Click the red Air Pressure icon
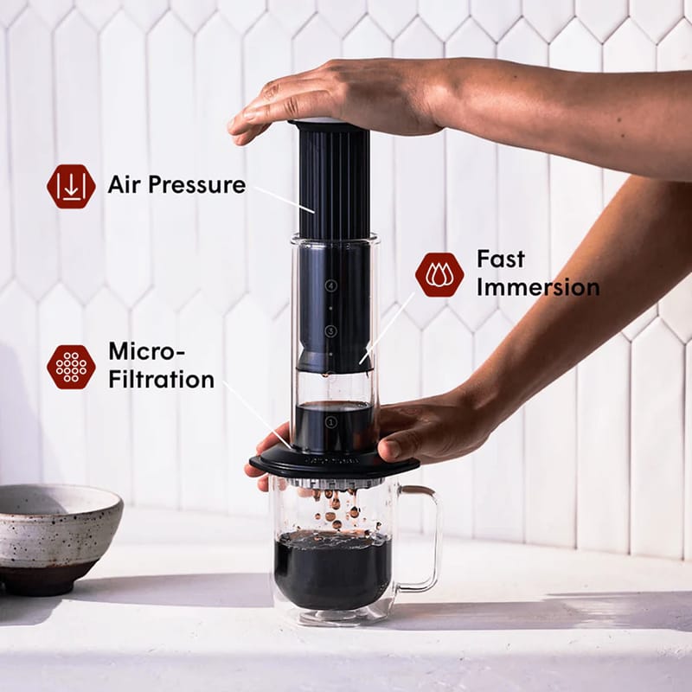(71, 187)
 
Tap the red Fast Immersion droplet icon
(439, 274)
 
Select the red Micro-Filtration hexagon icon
(71, 367)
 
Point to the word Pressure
(202, 184)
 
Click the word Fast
(501, 259)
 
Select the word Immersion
(538, 287)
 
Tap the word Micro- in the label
(147, 350)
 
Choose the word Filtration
(161, 379)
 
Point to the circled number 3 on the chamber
(330, 330)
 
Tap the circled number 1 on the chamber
(330, 421)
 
